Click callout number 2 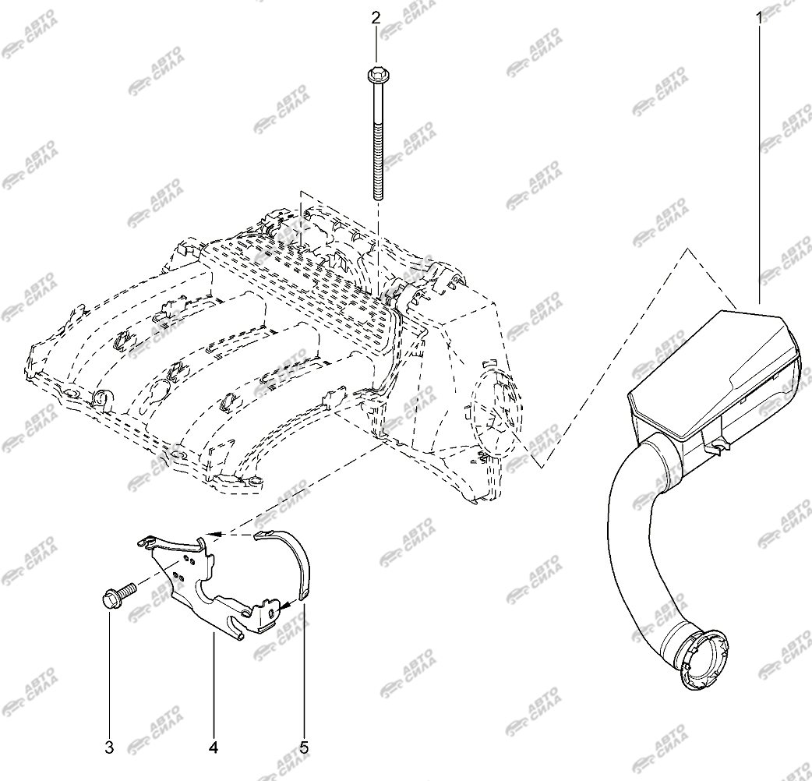pos(376,18)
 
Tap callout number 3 pos(109,747)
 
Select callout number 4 pos(214,747)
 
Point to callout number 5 pos(304,747)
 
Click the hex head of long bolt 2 pos(376,76)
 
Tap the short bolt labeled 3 pos(118,596)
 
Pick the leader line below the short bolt pos(109,673)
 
